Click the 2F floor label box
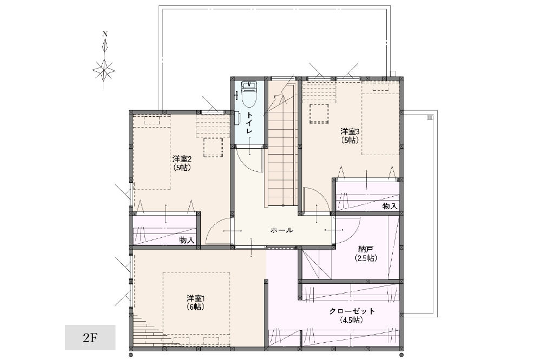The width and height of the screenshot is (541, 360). (x=90, y=338)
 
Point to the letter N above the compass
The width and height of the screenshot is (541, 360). (x=105, y=34)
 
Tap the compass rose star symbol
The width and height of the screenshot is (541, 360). (x=103, y=70)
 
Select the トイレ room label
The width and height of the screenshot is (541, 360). (x=249, y=123)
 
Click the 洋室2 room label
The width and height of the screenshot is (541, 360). (x=182, y=159)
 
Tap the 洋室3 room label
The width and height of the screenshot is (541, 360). (x=350, y=131)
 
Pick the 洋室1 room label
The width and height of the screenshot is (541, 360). (x=196, y=298)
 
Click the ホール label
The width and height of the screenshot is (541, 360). (x=281, y=230)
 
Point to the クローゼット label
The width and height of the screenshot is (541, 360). (x=352, y=311)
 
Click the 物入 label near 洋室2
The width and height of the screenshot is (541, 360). (x=187, y=240)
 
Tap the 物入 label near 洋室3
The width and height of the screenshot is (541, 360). (x=390, y=206)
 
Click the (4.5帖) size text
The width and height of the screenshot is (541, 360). (x=352, y=320)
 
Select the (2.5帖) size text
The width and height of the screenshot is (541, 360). (x=366, y=258)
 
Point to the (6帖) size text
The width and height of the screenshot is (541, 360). (x=196, y=306)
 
